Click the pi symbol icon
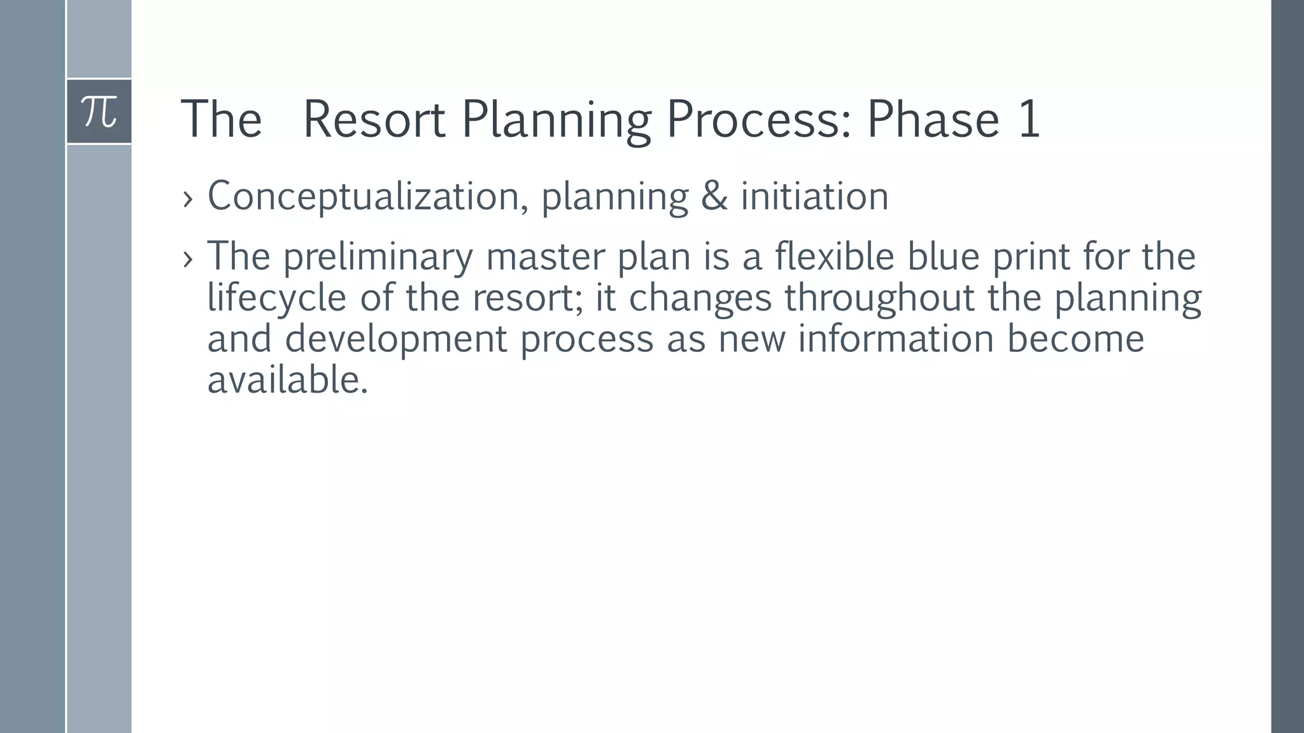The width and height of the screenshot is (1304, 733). pos(99,111)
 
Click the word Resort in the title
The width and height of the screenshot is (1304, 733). pos(374,120)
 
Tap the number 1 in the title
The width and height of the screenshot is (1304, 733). pos(1028,120)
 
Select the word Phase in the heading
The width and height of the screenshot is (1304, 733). pos(933,120)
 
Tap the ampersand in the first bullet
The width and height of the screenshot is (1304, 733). pos(714,196)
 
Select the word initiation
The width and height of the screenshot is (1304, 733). pos(814,196)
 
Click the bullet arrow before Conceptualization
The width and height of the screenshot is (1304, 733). pos(187,199)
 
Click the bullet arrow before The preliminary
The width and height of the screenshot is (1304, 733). pos(187,259)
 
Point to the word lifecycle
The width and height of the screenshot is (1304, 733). pos(276,298)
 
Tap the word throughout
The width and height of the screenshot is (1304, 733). pos(879,298)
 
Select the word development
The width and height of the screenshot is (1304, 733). pos(395,339)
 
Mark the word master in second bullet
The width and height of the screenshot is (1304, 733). pos(545,256)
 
